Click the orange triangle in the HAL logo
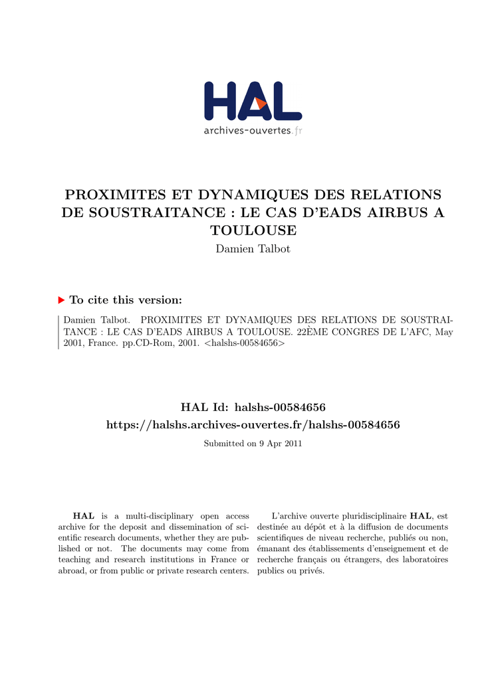pos(261,104)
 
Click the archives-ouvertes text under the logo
pos(247,131)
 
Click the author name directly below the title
pos(253,249)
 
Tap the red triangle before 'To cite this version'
pos(62,300)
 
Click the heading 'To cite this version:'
pos(126,300)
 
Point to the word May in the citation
pos(444,331)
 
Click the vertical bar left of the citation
pos(59,331)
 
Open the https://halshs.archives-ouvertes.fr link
pos(253,424)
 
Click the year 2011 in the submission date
pos(293,444)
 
